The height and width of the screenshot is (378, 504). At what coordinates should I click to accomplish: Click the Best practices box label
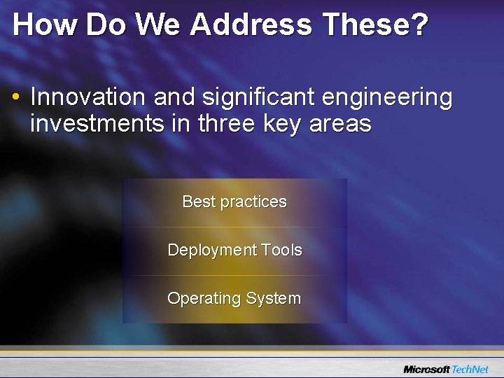pos(234,202)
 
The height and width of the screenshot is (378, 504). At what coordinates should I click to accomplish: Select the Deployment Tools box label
pos(234,250)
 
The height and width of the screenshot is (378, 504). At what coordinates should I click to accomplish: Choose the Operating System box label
pos(234,298)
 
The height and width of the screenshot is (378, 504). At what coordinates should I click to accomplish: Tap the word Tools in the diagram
pos(281,250)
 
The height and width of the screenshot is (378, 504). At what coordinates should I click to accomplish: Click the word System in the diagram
pos(273,298)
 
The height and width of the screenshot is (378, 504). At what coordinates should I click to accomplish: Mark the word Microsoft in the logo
pos(426,369)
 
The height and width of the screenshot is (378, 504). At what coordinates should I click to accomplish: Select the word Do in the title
pos(106,25)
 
